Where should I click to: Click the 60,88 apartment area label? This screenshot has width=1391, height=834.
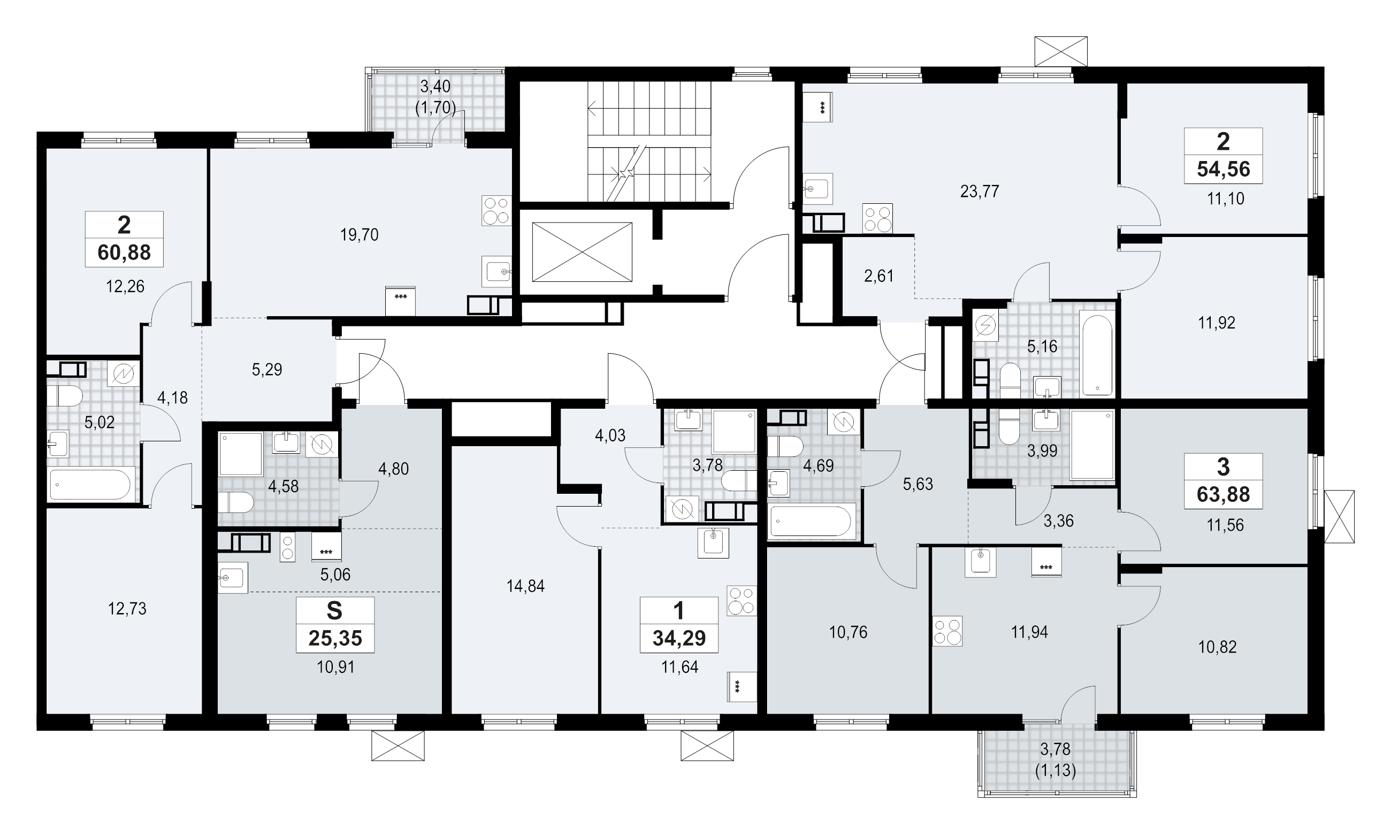(x=124, y=253)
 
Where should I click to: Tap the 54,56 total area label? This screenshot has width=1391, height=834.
(x=1223, y=169)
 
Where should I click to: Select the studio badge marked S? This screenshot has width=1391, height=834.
(x=335, y=611)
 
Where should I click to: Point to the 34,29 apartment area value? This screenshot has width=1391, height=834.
(x=679, y=638)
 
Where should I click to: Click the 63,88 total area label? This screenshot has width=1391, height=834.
(x=1223, y=494)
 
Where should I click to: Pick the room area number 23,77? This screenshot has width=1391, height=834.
(x=980, y=192)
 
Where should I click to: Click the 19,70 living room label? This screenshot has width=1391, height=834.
(x=359, y=235)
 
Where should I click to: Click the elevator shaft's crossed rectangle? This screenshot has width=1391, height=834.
(x=582, y=252)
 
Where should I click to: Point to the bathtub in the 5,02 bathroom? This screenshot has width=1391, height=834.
(x=91, y=485)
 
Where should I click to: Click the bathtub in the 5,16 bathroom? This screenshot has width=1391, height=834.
(x=1097, y=355)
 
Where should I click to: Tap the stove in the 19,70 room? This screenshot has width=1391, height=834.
(x=496, y=211)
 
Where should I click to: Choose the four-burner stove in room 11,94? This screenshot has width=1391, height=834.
(x=947, y=631)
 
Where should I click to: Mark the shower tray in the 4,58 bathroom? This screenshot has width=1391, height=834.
(x=241, y=454)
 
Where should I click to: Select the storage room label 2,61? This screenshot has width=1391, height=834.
(x=878, y=277)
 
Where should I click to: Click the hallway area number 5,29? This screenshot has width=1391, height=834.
(x=267, y=370)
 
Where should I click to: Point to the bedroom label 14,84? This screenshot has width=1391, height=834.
(x=525, y=587)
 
